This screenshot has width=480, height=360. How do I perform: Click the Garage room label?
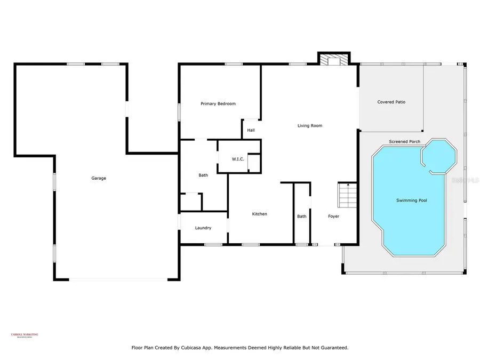point(98,178)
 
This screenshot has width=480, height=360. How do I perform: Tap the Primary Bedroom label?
point(218,103)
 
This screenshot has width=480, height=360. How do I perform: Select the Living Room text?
point(310,126)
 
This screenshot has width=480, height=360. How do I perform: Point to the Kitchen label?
point(259,214)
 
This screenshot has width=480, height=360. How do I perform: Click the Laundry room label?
point(203,228)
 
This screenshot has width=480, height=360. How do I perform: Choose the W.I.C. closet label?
point(238,159)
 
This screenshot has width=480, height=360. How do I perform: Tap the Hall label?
point(251,130)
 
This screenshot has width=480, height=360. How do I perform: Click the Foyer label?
point(333,216)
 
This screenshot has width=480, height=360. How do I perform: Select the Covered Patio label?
point(391,102)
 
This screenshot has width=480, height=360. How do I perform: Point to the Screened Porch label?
point(404,141)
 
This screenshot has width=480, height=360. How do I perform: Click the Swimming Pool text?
point(411,201)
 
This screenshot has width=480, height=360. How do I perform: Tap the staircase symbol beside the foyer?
point(347,195)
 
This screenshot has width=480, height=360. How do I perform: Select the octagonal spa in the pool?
point(438,156)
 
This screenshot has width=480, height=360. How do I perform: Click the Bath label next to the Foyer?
point(302,216)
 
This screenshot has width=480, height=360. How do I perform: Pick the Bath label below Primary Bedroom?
point(203,175)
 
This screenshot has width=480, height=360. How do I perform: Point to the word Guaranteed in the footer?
point(333,347)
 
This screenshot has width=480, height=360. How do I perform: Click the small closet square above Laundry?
point(190,202)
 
